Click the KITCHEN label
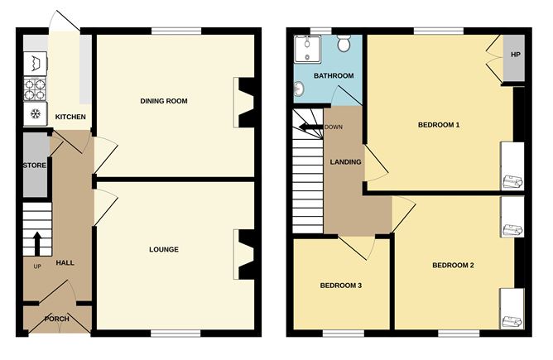[x=70, y=117]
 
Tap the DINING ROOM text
[x=164, y=101]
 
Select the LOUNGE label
[x=164, y=250]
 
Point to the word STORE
[x=35, y=166]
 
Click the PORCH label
[x=57, y=319]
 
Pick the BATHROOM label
[x=334, y=76]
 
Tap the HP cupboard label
[x=515, y=55]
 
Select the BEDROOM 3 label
[x=341, y=286]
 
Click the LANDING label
[x=345, y=162]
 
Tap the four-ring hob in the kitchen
[x=36, y=89]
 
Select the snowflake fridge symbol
[x=36, y=114]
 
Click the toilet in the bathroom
[x=344, y=43]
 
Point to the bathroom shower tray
[x=307, y=49]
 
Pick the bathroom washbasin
[x=299, y=88]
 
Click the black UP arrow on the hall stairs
[x=37, y=243]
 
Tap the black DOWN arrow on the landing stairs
[x=310, y=127]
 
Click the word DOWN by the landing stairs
[x=334, y=127]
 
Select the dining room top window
[x=176, y=31]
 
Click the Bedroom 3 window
[x=344, y=334]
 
